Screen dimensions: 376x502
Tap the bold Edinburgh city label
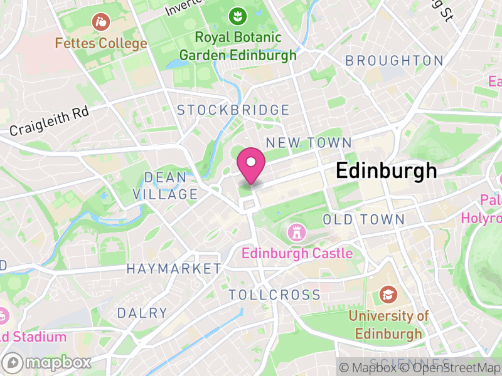coord(386,171)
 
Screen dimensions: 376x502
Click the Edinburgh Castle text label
coord(297,254)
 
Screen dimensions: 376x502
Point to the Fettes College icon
coord(100,23)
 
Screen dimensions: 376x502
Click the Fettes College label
coord(100,44)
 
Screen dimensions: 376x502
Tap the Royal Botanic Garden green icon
coord(237,16)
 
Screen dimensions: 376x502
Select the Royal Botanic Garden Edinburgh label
coord(238,46)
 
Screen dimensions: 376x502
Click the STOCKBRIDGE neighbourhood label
coord(233,110)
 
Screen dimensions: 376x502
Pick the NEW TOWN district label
coord(309,142)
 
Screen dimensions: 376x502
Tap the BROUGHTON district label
coord(394,61)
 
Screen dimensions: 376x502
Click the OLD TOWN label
coord(363,219)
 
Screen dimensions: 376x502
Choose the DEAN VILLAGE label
coord(165,186)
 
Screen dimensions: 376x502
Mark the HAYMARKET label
coord(174,269)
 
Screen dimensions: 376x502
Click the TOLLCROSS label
coord(274,295)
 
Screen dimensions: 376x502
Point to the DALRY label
coord(142,313)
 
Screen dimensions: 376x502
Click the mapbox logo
coord(47,362)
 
